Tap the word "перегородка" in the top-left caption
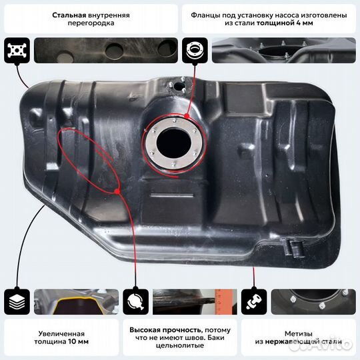(90, 24)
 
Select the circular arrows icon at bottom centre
(136, 301)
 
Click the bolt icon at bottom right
(253, 301)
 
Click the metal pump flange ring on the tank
(173, 141)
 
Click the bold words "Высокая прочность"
(157, 330)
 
